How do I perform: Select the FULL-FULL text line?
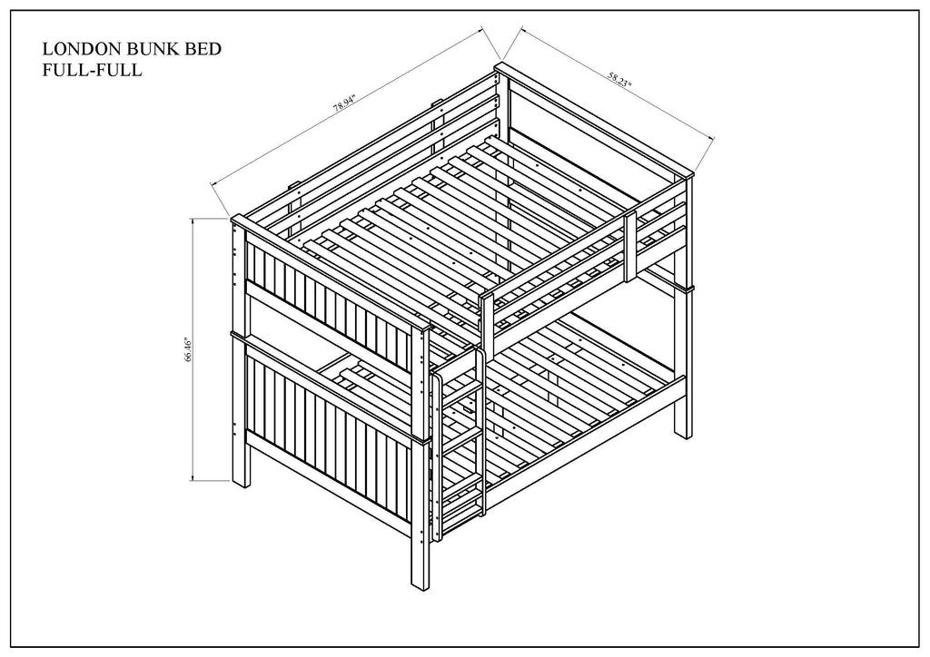coord(92,70)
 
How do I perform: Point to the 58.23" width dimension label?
coord(619,79)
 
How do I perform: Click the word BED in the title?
coord(203,49)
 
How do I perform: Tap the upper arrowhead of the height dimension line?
coord(193,220)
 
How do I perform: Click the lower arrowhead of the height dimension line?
coord(193,479)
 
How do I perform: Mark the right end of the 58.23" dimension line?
coord(714,138)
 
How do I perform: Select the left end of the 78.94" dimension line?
coord(213,184)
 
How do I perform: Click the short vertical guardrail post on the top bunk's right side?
coord(630,245)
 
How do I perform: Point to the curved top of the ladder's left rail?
coord(437,376)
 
